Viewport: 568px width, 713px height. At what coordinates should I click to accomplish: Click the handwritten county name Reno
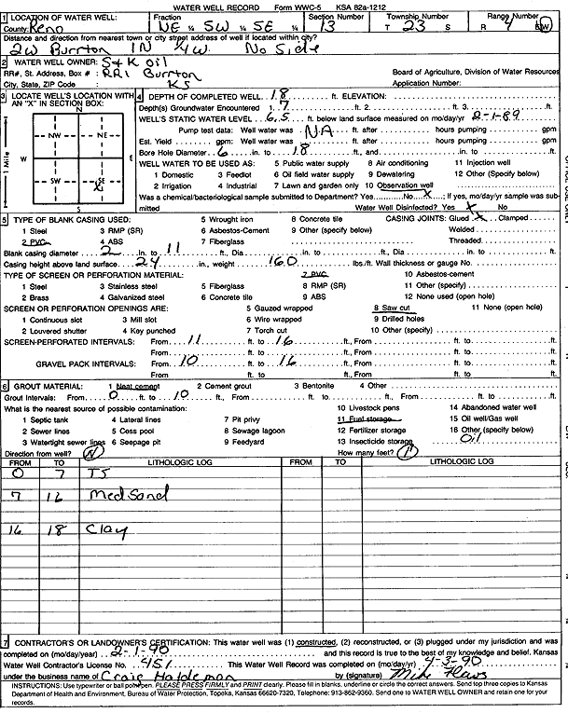point(45,29)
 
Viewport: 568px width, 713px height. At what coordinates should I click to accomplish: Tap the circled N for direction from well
point(92,453)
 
